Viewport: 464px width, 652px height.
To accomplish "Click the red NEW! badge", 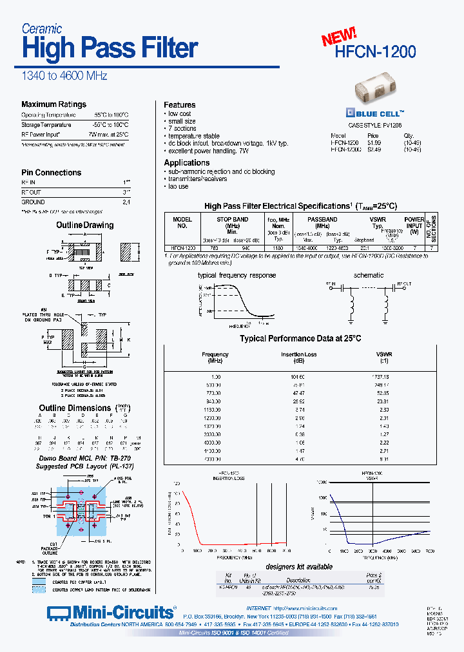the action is coord(339,37).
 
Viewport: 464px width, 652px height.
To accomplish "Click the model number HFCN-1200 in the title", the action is coord(376,52).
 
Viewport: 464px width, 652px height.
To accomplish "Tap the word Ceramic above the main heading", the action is coord(42,28).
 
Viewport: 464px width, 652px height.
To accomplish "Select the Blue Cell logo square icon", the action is coord(351,111).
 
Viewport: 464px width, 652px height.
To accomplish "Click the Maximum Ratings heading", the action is coord(53,104).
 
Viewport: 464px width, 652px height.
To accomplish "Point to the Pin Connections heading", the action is coord(52,173).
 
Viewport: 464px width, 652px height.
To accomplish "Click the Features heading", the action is coord(180,105).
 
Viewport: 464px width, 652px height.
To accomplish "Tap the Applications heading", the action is coord(187,163).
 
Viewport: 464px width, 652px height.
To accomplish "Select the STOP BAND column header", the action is coord(232,220).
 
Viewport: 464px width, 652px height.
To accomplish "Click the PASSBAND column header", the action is coord(322,220).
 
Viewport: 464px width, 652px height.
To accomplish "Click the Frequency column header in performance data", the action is coord(215,354).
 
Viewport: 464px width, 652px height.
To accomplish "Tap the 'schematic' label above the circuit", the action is coord(369,275).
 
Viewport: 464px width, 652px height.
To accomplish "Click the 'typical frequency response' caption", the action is coord(237,275).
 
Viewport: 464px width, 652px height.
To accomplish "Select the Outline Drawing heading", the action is coord(85,225).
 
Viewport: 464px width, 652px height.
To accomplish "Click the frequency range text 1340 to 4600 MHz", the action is coord(64,76).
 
